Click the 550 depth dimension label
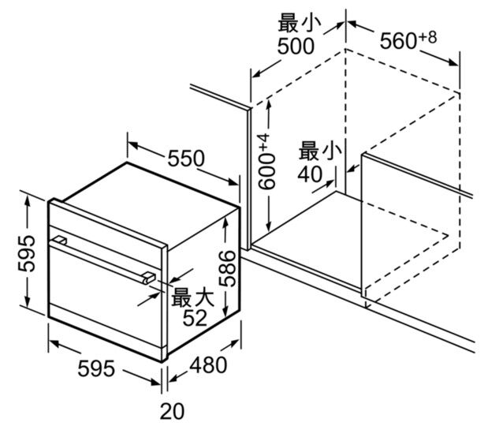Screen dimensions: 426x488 [x=185, y=159]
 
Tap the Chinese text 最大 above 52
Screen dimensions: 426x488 [x=192, y=297]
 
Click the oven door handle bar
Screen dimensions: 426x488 [x=102, y=256]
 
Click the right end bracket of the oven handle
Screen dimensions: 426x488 [x=147, y=275]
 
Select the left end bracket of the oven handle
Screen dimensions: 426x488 [x=58, y=239]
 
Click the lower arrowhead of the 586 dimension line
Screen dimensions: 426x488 [x=226, y=312]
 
